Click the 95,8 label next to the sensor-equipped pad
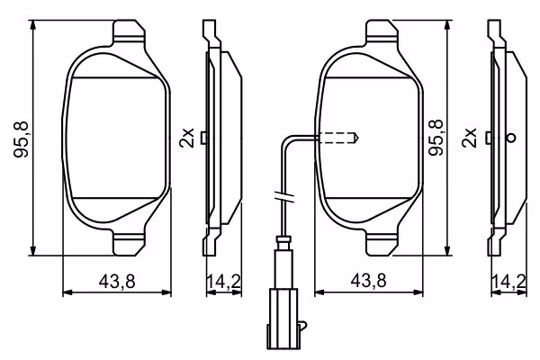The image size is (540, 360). [x=438, y=139]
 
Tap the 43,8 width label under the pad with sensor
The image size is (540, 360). [x=369, y=282]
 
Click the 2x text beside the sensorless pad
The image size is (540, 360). [x=186, y=138]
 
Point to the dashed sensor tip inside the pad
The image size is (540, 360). [x=340, y=138]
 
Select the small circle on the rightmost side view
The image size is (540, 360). [x=511, y=138]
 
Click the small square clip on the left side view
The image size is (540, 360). [x=206, y=138]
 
